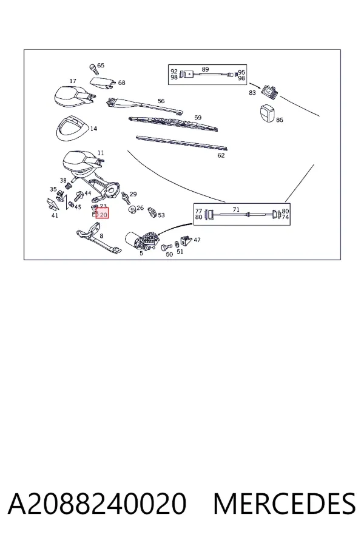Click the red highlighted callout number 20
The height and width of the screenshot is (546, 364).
[x=103, y=215]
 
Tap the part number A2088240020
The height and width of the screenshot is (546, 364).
[x=97, y=504]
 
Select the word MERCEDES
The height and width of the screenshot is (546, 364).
[x=285, y=504]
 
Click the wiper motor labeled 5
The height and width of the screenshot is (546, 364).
[x=143, y=240]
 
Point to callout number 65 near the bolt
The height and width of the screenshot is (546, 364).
[x=101, y=66]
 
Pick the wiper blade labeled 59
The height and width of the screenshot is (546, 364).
[x=173, y=124]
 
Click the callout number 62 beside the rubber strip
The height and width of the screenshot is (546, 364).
[x=221, y=155]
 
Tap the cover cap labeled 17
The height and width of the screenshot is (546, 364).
[x=74, y=95]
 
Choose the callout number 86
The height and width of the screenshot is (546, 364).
[x=279, y=120]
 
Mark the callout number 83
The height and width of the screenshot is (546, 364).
[x=252, y=93]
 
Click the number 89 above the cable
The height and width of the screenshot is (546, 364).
[x=205, y=69]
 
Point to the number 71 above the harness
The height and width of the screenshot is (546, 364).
[x=236, y=210]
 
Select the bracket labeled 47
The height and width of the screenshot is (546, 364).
[x=186, y=240]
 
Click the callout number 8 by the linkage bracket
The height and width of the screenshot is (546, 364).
[x=101, y=236]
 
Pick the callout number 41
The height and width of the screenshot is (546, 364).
[x=55, y=215]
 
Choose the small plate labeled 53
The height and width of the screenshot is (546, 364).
[x=152, y=212]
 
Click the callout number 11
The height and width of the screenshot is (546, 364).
[x=101, y=152]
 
